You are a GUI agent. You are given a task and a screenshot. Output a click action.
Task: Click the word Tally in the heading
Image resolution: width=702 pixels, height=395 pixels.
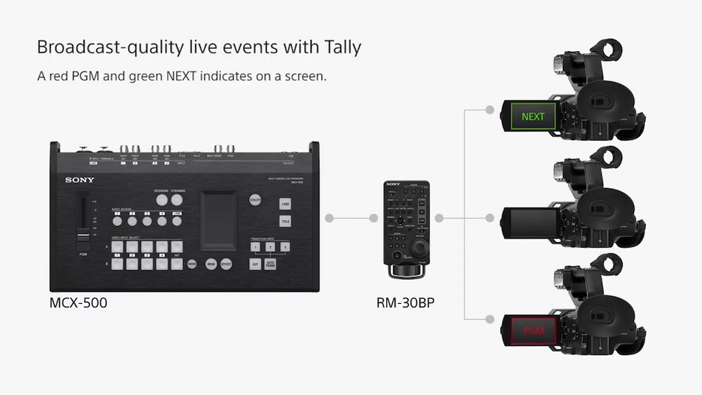(x=339, y=48)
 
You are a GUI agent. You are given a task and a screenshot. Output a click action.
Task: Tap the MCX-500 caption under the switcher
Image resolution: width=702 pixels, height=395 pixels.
(x=78, y=304)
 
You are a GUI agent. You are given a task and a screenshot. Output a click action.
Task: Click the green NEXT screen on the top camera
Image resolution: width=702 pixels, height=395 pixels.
(x=533, y=116)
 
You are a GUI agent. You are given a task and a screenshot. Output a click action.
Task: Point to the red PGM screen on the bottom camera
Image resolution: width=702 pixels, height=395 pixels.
(x=533, y=329)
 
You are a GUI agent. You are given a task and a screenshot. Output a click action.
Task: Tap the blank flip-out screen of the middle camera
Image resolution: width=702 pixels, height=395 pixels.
(x=531, y=222)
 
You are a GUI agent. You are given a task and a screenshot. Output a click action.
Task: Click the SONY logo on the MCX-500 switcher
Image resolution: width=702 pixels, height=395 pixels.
(x=80, y=180)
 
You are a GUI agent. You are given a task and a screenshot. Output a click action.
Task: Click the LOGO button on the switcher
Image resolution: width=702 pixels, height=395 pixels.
(x=285, y=204)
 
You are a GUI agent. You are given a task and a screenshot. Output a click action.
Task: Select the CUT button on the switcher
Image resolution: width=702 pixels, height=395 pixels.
(x=256, y=265)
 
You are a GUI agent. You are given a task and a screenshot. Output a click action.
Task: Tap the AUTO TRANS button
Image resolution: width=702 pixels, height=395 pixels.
(x=271, y=265)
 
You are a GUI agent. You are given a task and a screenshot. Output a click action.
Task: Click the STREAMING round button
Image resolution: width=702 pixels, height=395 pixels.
(x=176, y=200)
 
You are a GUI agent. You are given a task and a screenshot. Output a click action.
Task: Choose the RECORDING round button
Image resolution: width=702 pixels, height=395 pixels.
(x=161, y=200)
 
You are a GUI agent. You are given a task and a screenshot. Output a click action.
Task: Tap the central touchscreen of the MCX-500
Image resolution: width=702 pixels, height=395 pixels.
(x=218, y=220)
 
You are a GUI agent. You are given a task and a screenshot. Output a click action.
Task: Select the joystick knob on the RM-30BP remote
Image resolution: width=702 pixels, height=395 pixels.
(x=420, y=249)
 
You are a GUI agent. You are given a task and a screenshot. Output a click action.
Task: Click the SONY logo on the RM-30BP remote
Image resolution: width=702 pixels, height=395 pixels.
(x=393, y=185)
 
